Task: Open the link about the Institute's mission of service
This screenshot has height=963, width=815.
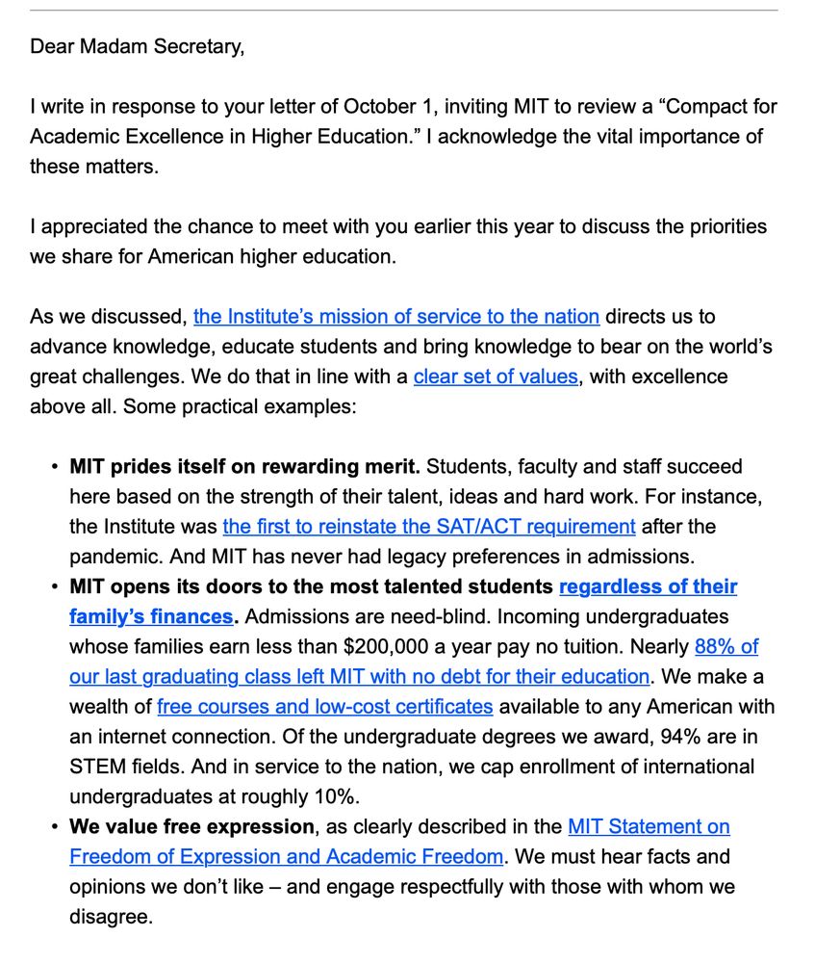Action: pyautogui.click(x=396, y=316)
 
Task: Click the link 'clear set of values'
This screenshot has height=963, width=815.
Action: pyautogui.click(x=496, y=376)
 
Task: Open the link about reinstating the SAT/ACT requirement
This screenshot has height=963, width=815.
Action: pyautogui.click(x=429, y=527)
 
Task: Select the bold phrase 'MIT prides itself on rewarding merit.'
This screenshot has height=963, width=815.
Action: pyautogui.click(x=245, y=467)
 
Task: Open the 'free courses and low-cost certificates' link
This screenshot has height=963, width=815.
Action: pyautogui.click(x=325, y=706)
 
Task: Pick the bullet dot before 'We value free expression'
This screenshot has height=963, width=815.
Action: pyautogui.click(x=53, y=826)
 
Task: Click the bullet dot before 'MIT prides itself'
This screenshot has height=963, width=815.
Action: pyautogui.click(x=53, y=467)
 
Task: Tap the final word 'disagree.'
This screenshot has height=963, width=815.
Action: pyautogui.click(x=111, y=917)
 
